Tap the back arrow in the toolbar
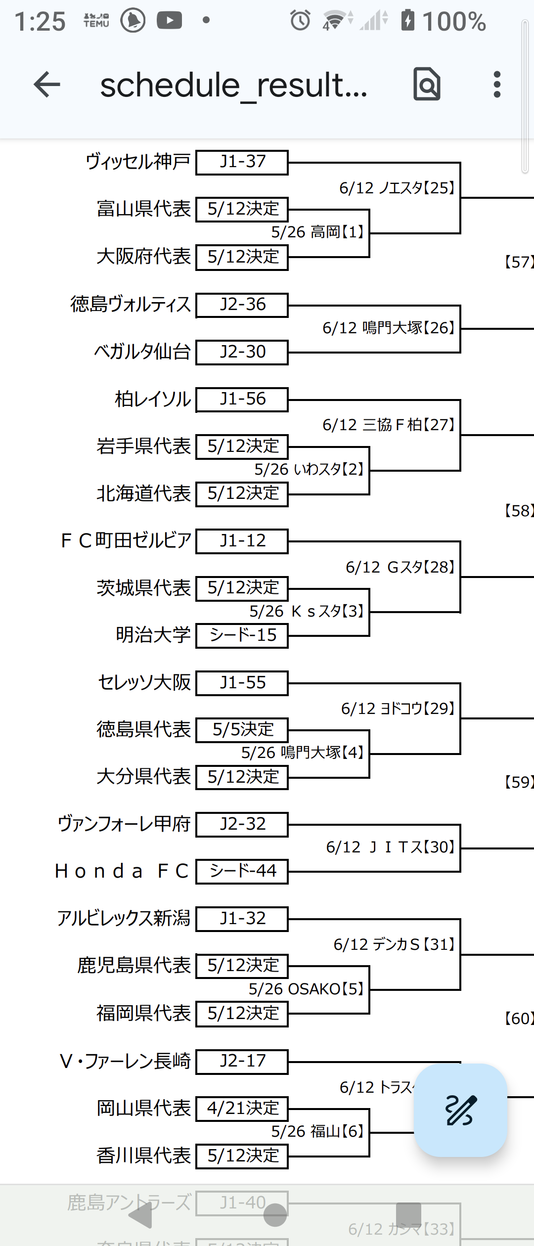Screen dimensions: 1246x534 click(47, 85)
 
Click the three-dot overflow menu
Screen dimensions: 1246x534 click(497, 85)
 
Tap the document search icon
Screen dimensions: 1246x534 click(427, 85)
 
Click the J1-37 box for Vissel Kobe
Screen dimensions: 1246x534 click(242, 162)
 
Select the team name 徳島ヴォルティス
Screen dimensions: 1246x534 click(131, 304)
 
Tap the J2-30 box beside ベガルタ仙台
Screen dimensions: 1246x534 click(242, 352)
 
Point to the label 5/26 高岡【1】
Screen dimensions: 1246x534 click(317, 231)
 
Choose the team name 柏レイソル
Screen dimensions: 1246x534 click(152, 399)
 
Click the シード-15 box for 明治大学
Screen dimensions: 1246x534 click(242, 635)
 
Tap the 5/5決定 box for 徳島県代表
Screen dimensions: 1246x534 click(242, 730)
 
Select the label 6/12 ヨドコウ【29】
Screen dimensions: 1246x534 click(398, 709)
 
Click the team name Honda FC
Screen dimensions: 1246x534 click(122, 871)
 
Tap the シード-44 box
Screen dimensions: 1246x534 click(242, 871)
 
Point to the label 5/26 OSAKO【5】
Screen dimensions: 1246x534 click(306, 989)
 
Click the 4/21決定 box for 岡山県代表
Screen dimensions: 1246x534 click(242, 1108)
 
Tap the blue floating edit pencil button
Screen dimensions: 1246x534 click(460, 1110)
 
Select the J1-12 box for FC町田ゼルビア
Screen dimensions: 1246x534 click(242, 541)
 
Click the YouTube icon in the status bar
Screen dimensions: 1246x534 click(169, 20)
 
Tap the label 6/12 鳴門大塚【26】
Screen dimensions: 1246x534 click(388, 328)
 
